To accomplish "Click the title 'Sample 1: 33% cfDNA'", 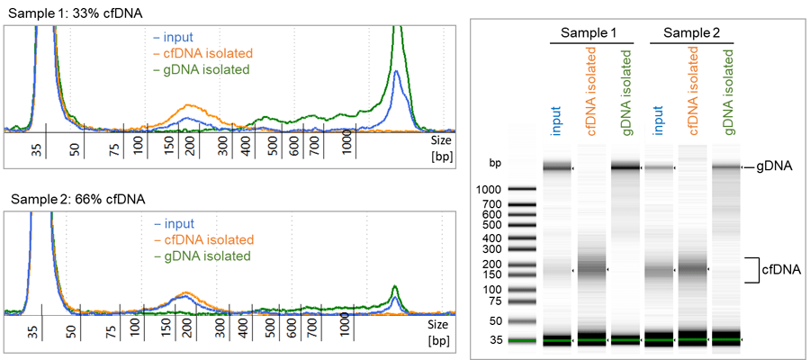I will coord(64,13).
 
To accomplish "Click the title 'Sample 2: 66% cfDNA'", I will coord(65,198).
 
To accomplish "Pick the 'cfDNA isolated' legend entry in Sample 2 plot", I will coord(204,240).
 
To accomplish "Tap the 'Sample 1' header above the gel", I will coord(589,32).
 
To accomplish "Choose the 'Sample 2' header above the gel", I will coord(691,32).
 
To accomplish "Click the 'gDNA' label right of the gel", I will coord(778,167).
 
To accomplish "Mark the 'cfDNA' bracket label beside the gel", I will coord(781,269).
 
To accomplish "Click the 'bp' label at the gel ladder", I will coord(494,164).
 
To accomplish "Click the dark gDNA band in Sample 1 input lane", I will coord(557,166).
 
